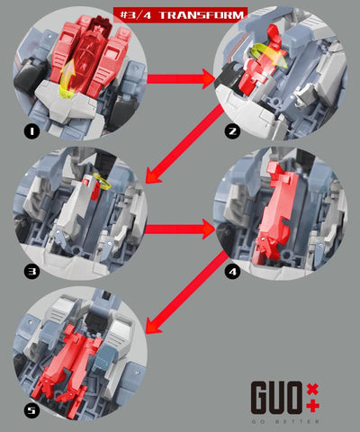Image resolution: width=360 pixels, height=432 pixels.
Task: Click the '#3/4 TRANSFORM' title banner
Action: point(180,13)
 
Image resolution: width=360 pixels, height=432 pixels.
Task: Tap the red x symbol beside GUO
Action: point(312,387)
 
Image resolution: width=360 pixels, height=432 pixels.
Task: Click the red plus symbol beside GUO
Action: point(312,406)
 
